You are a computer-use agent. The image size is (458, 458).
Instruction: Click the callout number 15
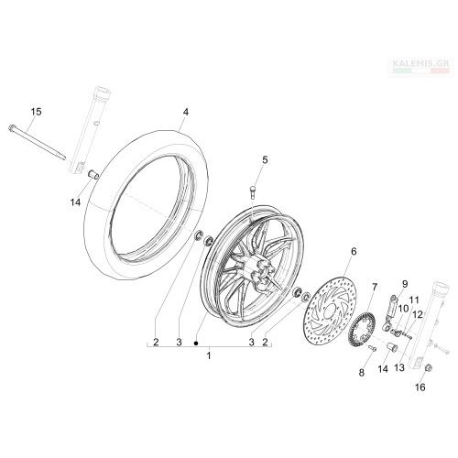(x=36, y=112)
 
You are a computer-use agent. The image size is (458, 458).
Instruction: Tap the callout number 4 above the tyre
(x=186, y=112)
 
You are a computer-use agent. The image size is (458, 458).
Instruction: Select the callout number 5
(x=265, y=159)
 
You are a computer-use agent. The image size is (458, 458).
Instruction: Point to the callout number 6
(x=354, y=252)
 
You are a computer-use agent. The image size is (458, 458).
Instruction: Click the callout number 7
(x=375, y=287)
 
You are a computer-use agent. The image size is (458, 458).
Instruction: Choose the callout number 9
(x=405, y=284)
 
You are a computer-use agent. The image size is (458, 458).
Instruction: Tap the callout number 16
(x=420, y=387)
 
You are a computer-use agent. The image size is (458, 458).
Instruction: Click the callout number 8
(x=362, y=373)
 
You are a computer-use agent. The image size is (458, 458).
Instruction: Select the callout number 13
(x=399, y=367)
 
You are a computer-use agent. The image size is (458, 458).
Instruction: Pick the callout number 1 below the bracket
(x=209, y=355)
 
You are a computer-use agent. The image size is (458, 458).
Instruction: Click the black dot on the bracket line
(x=196, y=343)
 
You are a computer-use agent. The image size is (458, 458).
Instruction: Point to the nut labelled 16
(x=428, y=368)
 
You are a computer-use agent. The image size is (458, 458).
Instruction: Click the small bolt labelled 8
(x=373, y=348)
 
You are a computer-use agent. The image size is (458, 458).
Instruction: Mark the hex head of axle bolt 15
(x=12, y=127)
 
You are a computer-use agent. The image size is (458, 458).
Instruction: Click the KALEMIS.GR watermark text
(x=420, y=63)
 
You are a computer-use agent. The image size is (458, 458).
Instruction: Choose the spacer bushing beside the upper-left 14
(x=93, y=175)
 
